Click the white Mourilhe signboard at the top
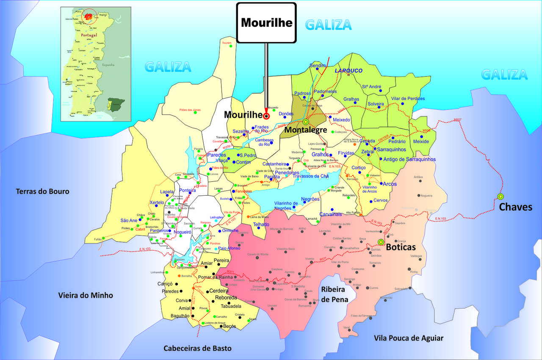[x=266, y=23]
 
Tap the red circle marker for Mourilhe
[x=266, y=116]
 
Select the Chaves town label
[x=515, y=207]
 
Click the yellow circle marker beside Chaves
[x=501, y=197]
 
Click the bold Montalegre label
[x=306, y=130]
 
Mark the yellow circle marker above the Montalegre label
[x=306, y=122]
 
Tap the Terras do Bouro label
[x=42, y=191]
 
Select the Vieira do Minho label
[x=86, y=295]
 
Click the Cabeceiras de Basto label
[x=198, y=348]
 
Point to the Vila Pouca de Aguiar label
[x=409, y=338]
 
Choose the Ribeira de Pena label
[x=335, y=294]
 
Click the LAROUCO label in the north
[x=348, y=71]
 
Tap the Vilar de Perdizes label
[x=408, y=99]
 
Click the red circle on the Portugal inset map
[x=89, y=17]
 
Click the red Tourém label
[x=227, y=43]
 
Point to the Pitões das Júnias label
[x=190, y=110]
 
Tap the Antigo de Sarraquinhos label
[x=409, y=159]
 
